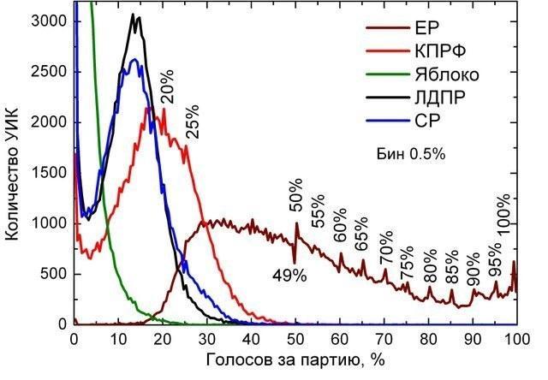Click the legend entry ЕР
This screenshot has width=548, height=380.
426,27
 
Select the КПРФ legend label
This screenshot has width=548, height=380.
441,51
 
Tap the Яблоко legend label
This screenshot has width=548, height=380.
447,74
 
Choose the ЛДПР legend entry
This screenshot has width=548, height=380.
440,98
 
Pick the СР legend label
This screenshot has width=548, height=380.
427,121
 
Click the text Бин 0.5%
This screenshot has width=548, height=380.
411,154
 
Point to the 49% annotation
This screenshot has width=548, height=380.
289,276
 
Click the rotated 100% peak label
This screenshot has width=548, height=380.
503,216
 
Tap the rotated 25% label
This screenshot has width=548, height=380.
192,122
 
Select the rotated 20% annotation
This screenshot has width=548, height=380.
167,86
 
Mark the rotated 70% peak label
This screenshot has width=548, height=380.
386,248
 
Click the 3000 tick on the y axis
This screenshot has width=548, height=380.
49,21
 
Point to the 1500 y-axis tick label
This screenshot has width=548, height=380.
49,173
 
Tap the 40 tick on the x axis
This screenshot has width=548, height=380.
251,339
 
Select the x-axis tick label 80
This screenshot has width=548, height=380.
428,339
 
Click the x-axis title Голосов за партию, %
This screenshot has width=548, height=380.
295,360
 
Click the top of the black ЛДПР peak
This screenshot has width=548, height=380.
133,14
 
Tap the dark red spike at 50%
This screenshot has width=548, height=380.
297,223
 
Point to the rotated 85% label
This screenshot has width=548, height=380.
452,266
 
